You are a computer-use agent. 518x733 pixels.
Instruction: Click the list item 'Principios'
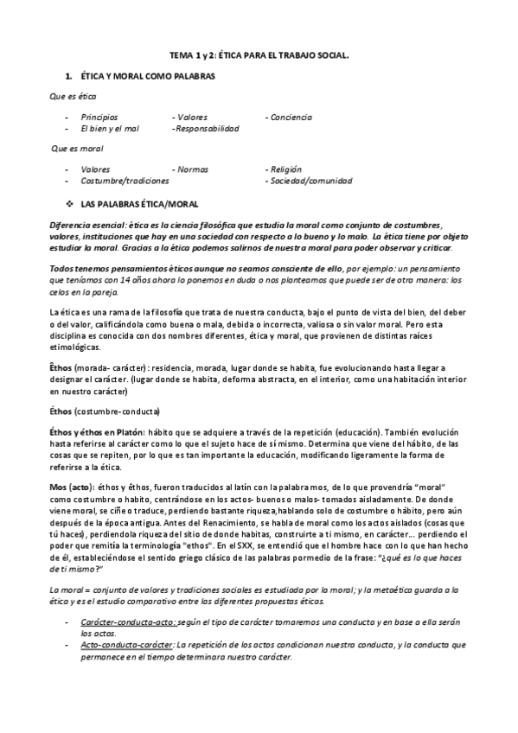99,117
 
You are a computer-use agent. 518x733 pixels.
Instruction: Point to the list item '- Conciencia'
289,117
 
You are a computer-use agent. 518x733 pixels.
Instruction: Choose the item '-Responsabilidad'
206,128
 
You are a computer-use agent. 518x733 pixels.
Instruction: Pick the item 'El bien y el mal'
110,128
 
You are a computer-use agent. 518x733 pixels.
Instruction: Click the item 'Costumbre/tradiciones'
125,182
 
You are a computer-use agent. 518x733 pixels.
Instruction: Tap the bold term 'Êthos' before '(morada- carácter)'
61,367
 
